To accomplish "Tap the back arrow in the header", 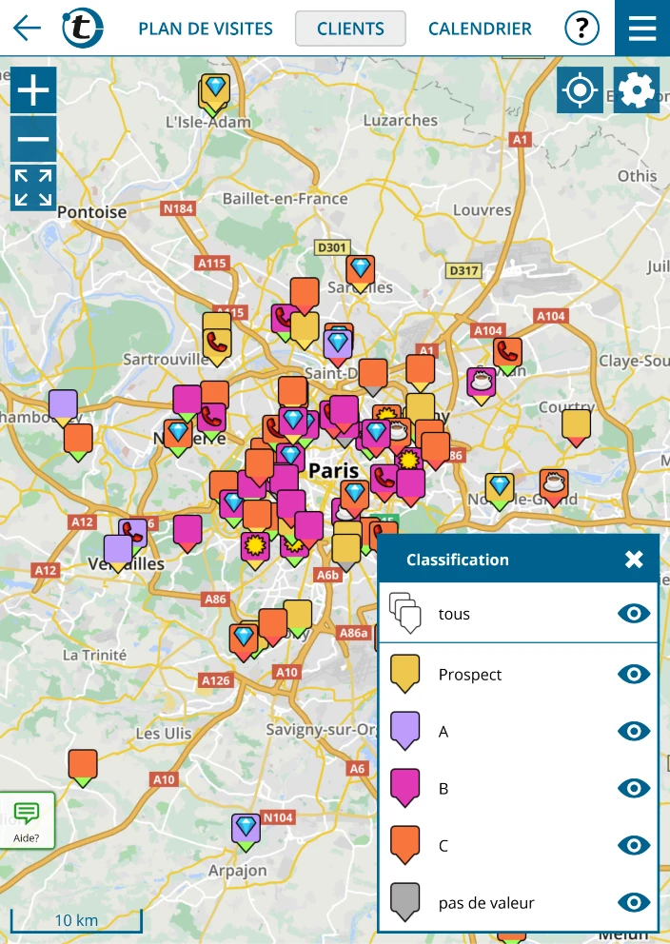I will pos(28,28).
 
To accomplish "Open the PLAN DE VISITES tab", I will pos(206,29).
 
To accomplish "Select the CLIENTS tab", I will pos(350,29).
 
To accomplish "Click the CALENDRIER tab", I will pos(480,29).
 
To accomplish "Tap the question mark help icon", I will pos(581,29).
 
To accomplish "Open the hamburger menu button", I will pos(642,29).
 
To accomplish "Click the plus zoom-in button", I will pos(33,91).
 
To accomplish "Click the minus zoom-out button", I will pos(33,139).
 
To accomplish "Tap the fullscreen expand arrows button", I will pos(33,187).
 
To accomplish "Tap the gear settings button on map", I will pos(637,91).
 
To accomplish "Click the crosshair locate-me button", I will pos(580,91).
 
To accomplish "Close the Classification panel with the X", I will pos(634,560).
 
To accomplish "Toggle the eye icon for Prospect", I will pos(634,675).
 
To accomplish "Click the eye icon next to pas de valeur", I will pos(634,902).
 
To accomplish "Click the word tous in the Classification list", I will pos(454,615).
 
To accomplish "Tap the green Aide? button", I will pos(27,820).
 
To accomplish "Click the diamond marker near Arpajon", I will pos(246,828).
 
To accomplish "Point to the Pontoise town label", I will pos(91,212).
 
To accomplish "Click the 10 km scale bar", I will pos(76,921).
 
